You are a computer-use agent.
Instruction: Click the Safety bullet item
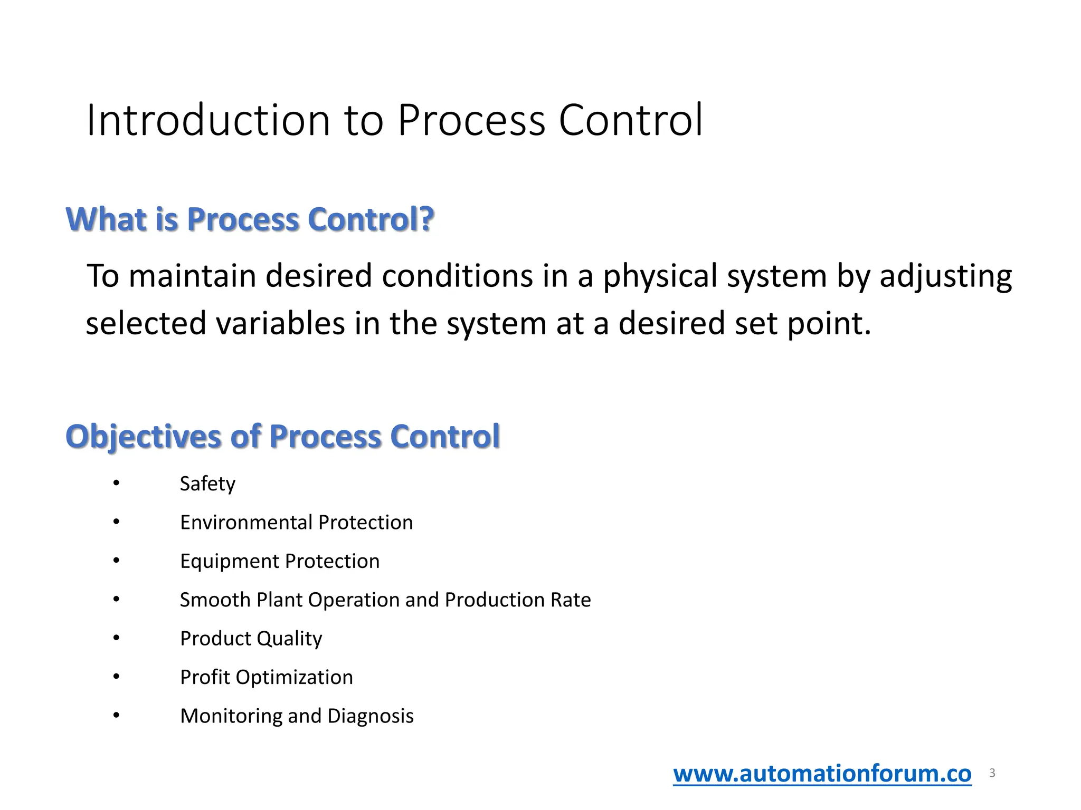(x=207, y=484)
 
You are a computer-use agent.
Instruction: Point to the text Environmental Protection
(x=296, y=523)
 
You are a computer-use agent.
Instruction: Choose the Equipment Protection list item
(x=280, y=561)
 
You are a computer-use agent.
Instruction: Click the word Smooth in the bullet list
(x=215, y=600)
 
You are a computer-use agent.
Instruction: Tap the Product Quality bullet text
(x=251, y=639)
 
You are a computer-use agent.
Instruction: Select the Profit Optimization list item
(x=267, y=678)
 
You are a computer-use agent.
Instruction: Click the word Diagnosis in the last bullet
(x=371, y=716)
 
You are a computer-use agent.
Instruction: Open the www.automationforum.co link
(x=822, y=774)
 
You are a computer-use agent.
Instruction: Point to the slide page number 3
(x=992, y=773)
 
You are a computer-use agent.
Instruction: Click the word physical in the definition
(x=660, y=276)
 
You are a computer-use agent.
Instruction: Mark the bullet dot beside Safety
(x=117, y=483)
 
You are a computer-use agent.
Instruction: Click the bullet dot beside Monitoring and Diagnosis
(x=117, y=716)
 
